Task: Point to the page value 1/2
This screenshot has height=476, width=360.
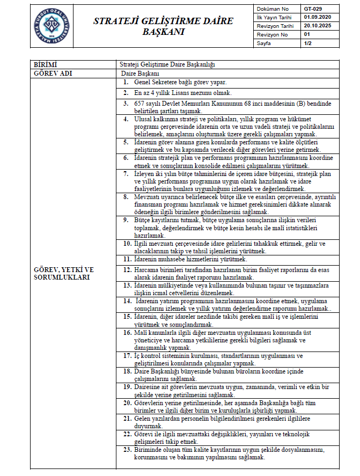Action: pos(308,42)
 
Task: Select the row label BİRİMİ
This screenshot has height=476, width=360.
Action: pos(45,64)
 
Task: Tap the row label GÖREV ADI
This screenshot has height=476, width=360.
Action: pos(53,72)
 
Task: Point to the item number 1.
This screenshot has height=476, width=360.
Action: pos(126,82)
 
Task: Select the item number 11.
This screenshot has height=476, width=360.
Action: pos(127,259)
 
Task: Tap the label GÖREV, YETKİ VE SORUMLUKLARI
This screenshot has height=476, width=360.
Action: pos(64,273)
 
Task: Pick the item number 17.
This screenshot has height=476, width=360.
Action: pos(127,355)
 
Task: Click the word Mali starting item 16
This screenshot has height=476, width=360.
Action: pos(141,333)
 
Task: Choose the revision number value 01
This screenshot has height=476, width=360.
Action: pos(307,34)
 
